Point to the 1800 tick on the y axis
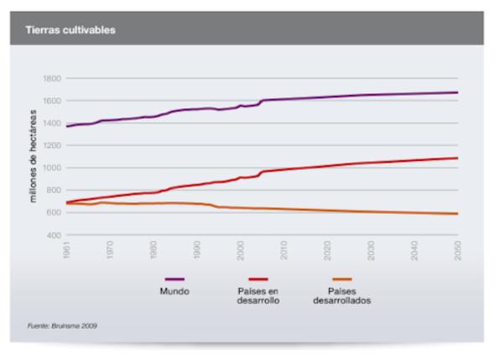52,78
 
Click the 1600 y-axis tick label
52,101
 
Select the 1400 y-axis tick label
52,123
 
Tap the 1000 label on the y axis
52,168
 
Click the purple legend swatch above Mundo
174,279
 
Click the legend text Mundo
174,291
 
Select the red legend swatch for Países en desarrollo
257,279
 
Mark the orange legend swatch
341,279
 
